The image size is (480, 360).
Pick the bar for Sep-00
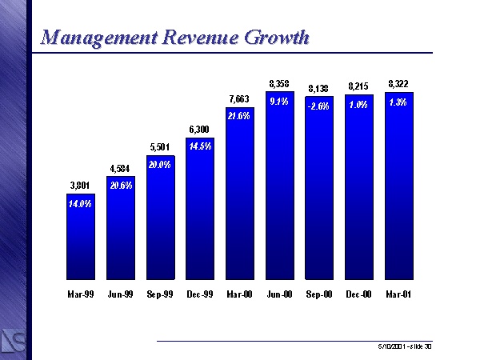[x=319, y=192]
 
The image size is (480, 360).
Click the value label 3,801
[x=80, y=186]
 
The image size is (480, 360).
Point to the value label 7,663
[x=239, y=100]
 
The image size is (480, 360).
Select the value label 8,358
[x=279, y=82]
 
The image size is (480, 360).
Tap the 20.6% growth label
[x=120, y=186]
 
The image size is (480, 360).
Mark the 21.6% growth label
[x=239, y=116]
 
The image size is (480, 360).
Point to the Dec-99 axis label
[x=199, y=294]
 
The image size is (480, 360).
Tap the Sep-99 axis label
[x=159, y=294]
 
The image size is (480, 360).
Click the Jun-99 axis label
[x=120, y=294]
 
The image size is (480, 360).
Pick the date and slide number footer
[x=405, y=346]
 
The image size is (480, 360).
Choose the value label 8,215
[x=358, y=86]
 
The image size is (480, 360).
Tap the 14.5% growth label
[x=199, y=146]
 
